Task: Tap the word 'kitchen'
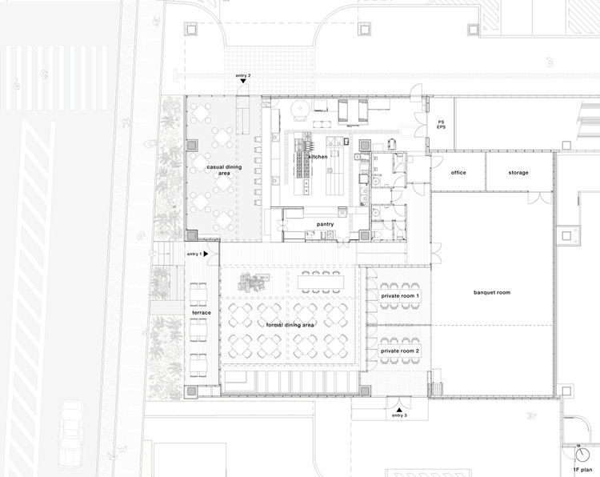318,157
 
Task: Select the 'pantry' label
325,224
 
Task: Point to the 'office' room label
458,173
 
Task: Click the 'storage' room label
518,173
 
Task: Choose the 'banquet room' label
492,292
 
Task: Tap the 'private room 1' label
400,296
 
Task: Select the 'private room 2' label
400,351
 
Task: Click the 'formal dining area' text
290,325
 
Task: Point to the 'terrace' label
202,313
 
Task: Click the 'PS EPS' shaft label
441,124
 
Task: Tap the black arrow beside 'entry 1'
206,254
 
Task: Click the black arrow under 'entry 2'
243,81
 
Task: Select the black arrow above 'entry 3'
399,410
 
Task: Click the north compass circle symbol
582,455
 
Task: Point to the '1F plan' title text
582,469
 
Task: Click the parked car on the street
71,433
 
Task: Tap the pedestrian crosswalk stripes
54,78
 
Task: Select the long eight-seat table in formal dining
321,283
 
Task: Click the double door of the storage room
540,197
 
